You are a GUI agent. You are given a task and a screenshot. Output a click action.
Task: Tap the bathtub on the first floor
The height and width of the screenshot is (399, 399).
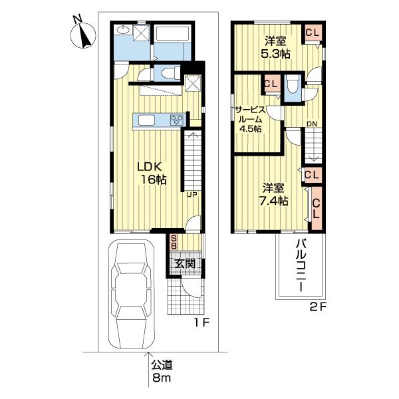pyautogui.click(x=172, y=37)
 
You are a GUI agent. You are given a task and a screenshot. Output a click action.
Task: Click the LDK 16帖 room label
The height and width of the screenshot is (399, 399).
pyautogui.click(x=152, y=172)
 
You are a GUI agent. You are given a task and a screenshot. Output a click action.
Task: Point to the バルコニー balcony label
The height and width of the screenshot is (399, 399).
pyautogui.click(x=299, y=269)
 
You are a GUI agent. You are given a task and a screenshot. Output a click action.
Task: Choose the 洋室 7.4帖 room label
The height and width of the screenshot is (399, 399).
pyautogui.click(x=273, y=194)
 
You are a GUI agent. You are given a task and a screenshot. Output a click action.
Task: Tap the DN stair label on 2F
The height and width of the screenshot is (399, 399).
pyautogui.click(x=311, y=123)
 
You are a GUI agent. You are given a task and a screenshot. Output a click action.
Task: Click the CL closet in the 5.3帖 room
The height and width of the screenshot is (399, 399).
pyautogui.click(x=311, y=32)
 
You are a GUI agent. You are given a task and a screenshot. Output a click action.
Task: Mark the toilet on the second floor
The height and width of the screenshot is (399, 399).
pyautogui.click(x=292, y=86)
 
